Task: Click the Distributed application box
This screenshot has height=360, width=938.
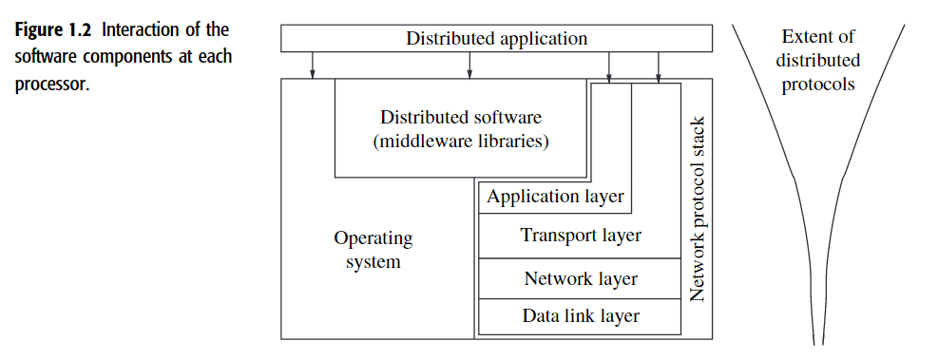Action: point(496,39)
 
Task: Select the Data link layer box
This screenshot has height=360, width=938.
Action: point(580,316)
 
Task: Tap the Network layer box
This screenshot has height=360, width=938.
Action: point(580,279)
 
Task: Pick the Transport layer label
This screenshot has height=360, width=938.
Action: point(581,235)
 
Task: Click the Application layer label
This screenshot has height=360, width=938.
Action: point(555,197)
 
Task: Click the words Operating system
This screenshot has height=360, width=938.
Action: point(373,250)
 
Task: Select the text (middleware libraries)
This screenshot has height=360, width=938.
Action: point(461,142)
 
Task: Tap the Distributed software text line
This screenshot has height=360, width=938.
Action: point(461,118)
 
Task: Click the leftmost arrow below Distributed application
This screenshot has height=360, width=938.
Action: point(312,66)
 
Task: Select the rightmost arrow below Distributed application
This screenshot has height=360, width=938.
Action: point(658,66)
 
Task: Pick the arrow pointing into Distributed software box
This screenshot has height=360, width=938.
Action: point(469,66)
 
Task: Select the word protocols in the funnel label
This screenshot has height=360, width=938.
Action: point(817,84)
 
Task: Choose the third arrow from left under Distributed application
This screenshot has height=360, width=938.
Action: point(609,66)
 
